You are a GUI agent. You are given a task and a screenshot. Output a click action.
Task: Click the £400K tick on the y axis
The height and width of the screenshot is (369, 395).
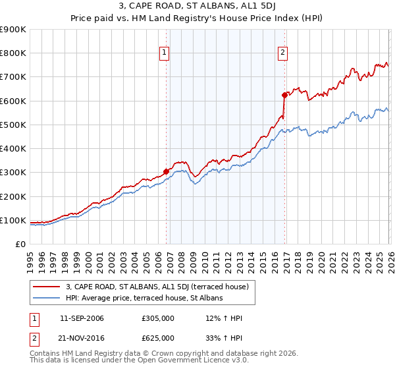13,149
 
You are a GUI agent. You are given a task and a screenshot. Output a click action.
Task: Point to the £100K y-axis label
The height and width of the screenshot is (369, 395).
13,220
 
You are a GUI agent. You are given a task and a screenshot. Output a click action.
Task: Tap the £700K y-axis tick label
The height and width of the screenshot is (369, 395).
13,77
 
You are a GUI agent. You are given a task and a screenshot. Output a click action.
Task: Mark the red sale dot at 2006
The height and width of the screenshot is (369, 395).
166,171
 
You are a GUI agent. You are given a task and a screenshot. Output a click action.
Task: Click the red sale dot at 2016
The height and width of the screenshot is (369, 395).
284,95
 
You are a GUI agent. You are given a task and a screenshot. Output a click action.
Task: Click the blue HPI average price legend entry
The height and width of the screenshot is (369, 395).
144,298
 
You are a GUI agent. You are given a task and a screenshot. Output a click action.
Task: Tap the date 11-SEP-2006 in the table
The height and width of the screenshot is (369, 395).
82,319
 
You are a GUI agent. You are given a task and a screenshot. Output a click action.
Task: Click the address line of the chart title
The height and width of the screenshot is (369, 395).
197,7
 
